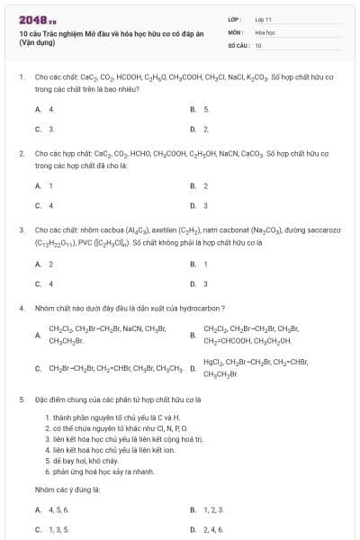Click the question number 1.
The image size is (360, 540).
[21, 78]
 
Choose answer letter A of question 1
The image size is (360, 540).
[38, 109]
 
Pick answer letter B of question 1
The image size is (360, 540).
[193, 109]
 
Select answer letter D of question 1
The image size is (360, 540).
[193, 129]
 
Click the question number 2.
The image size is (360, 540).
[21, 155]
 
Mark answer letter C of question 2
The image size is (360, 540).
[38, 205]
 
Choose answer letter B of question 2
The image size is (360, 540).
[193, 185]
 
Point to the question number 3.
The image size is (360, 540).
[21, 231]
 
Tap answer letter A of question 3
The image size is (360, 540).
[38, 264]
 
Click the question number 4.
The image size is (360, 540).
[21, 308]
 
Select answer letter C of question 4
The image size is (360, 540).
[38, 368]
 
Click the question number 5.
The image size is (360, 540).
[21, 398]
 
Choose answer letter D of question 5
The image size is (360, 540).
[193, 529]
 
